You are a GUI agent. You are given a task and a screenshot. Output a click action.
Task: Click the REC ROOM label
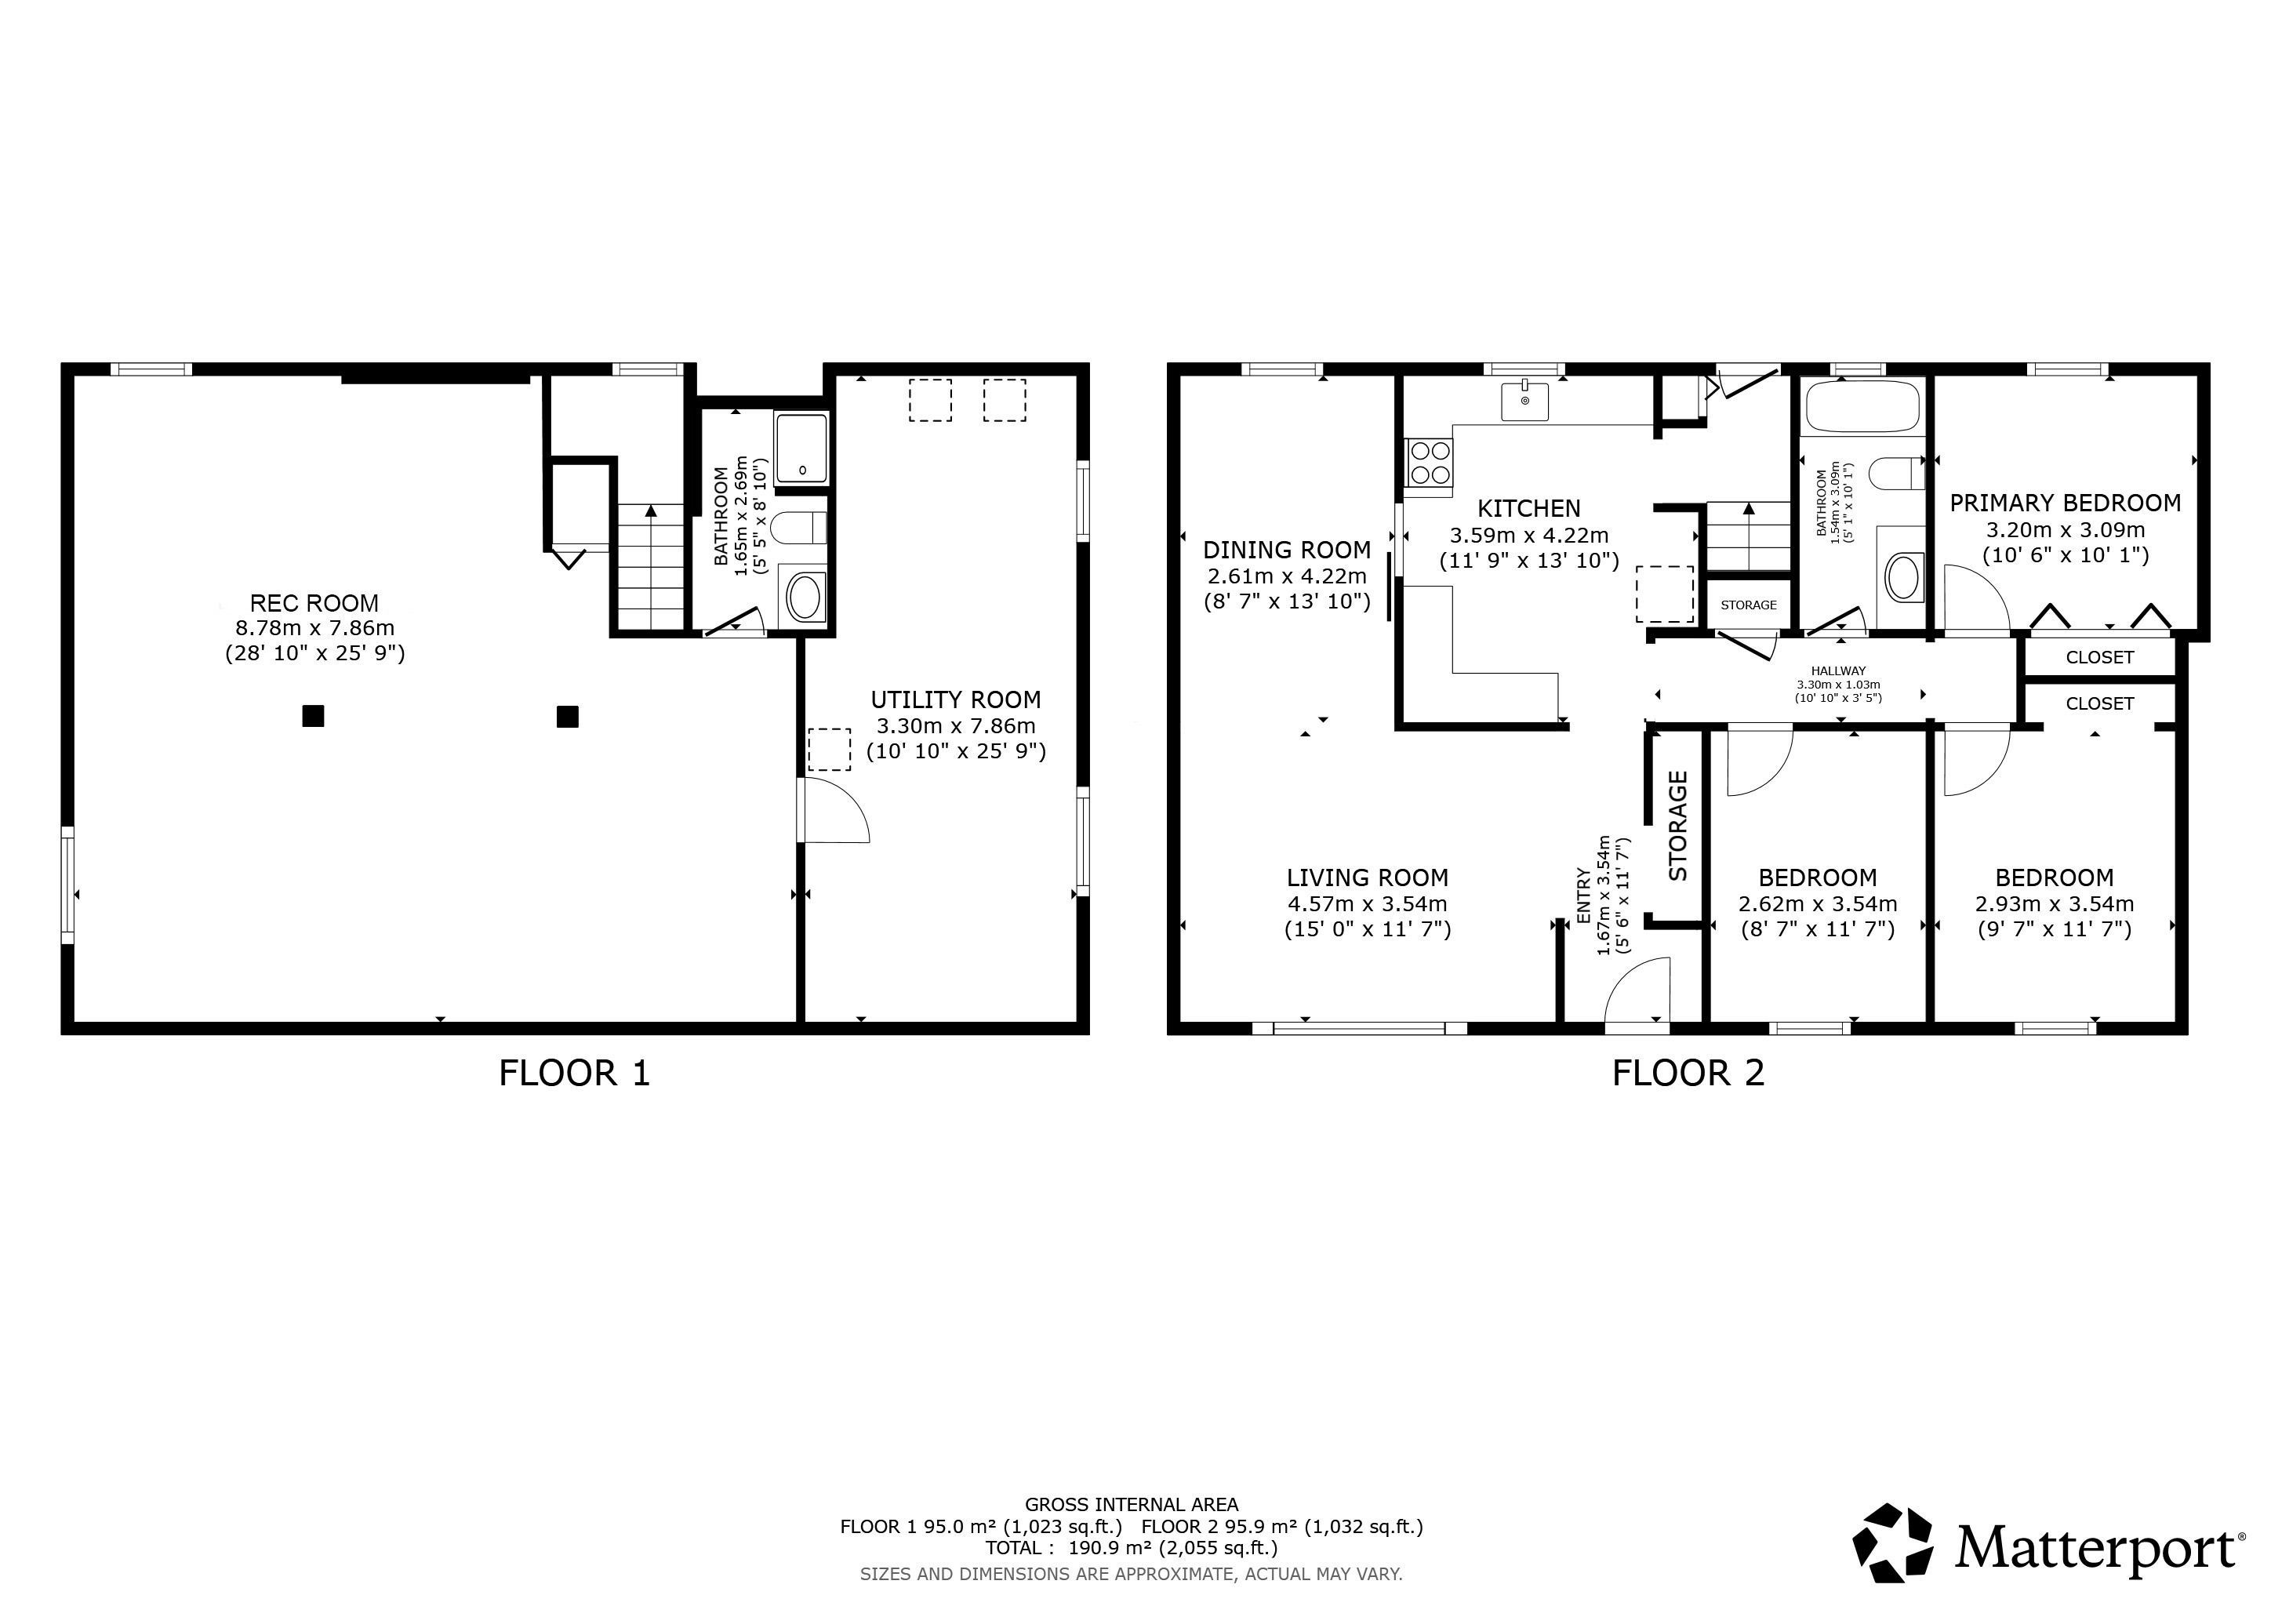[x=314, y=603]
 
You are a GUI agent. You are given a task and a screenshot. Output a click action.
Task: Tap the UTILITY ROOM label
[x=955, y=700]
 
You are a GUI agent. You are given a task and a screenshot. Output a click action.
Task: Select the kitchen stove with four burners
[x=1430, y=463]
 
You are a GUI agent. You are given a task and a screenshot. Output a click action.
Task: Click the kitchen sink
[x=1525, y=399]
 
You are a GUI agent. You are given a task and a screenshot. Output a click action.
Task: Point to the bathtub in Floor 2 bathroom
[x=1862, y=406]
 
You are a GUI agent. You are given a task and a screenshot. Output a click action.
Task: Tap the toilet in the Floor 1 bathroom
[x=799, y=528]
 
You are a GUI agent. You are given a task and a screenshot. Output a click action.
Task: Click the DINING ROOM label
[x=1287, y=550]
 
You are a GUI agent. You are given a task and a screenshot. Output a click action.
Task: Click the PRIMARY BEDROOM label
[x=2066, y=503]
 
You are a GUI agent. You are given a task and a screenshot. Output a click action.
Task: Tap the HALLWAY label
[x=1838, y=671]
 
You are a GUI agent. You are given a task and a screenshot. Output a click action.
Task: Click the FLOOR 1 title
[x=575, y=1073]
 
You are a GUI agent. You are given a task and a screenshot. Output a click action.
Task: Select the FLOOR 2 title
[x=1688, y=1073]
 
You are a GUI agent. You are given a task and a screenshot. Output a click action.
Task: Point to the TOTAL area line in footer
[x=1132, y=1548]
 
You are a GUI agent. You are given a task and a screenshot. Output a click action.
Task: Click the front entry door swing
[x=1637, y=989]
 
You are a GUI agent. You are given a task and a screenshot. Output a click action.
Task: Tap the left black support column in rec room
[x=313, y=716]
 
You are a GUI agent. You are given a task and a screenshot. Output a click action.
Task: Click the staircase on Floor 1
[x=651, y=567]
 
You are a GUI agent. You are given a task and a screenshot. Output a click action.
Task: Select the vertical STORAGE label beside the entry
[x=1677, y=827]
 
